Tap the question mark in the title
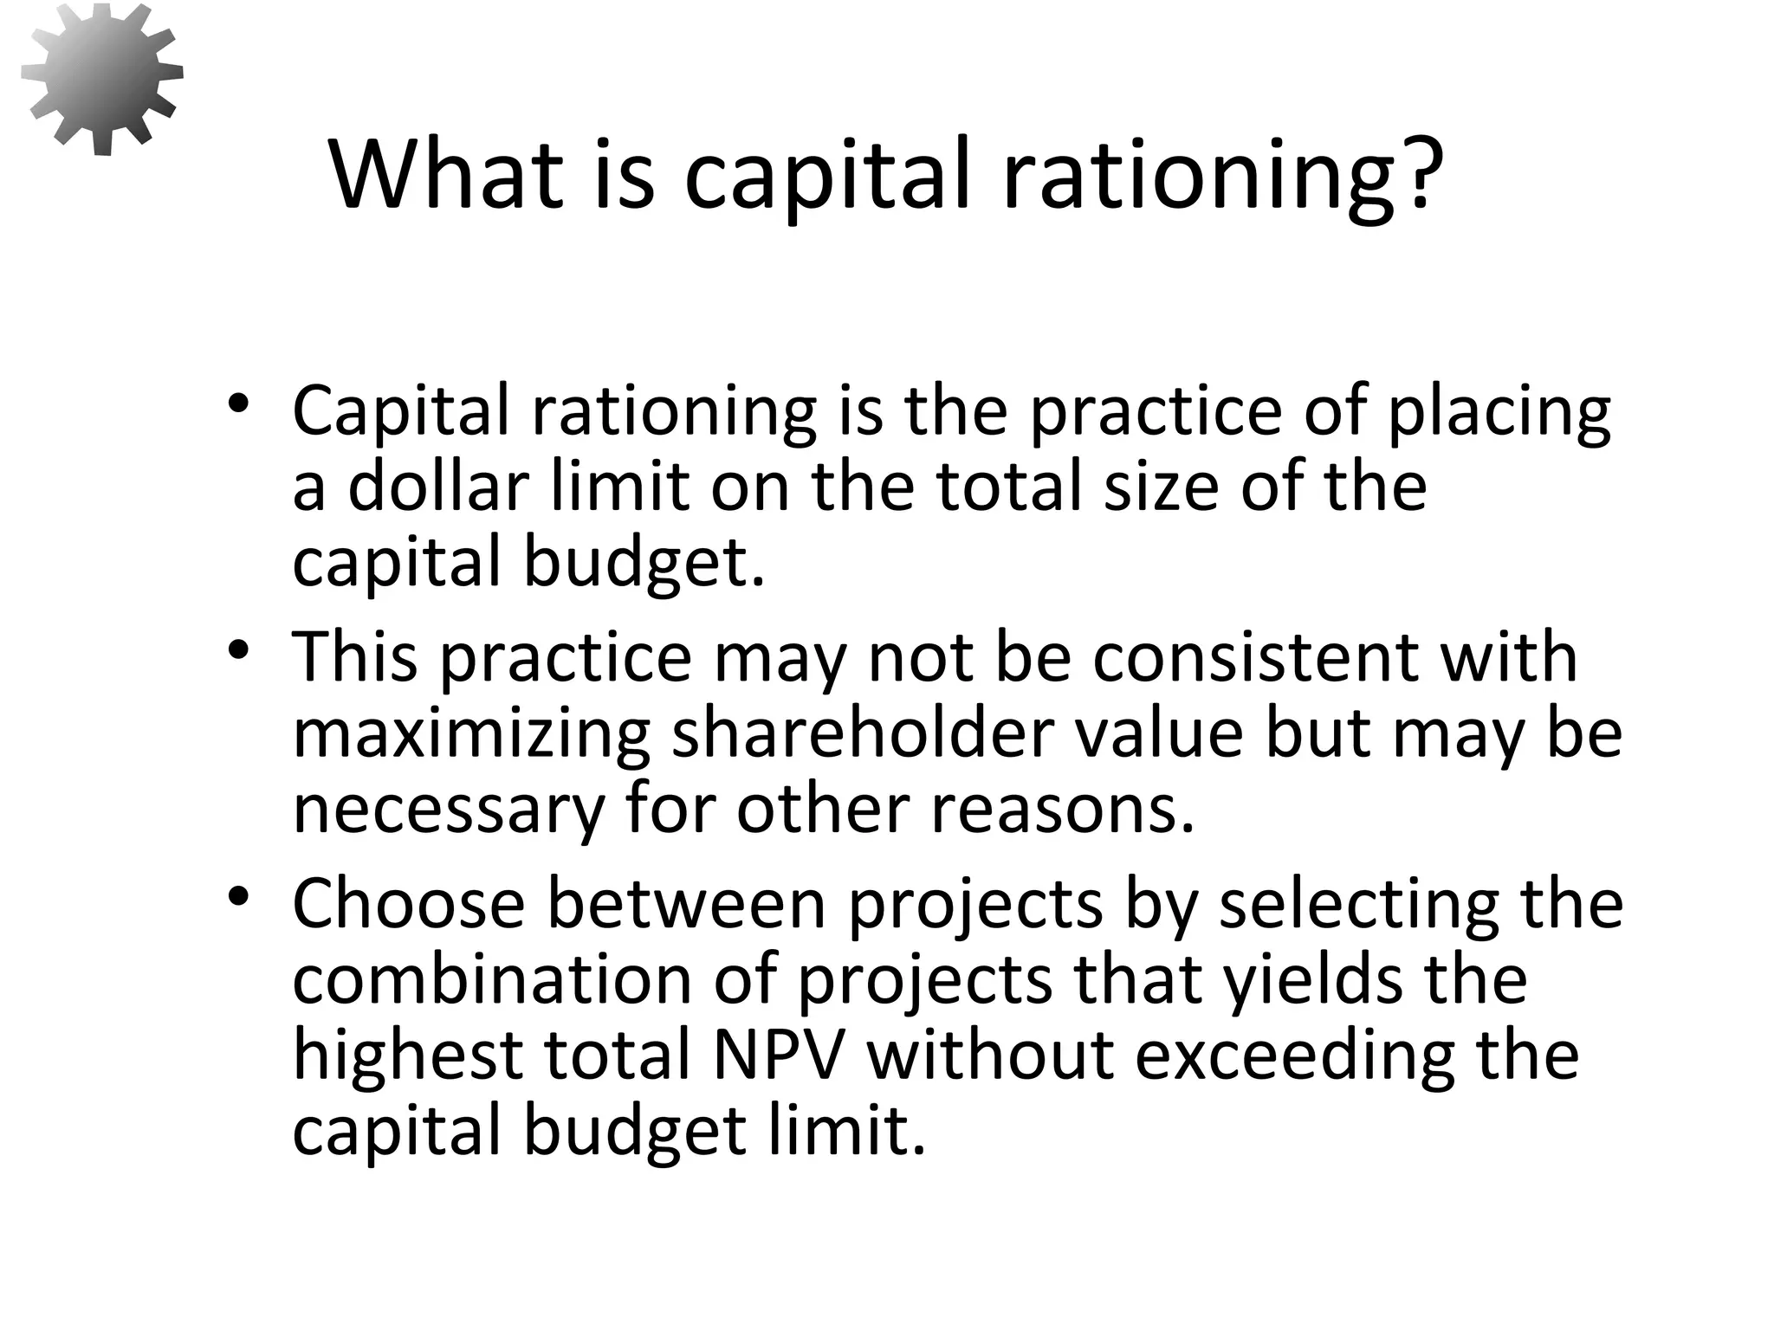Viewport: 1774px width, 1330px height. point(1419,172)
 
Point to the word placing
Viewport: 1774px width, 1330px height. point(1499,413)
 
